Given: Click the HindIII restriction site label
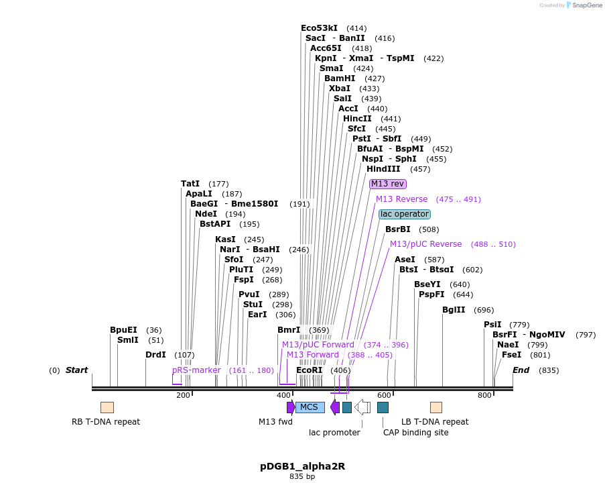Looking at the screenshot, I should pos(383,169).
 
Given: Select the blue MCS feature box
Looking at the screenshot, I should pos(310,407).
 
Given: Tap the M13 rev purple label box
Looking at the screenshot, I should pos(388,184).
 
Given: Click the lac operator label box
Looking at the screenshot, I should pos(404,214).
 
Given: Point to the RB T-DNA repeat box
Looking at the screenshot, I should pos(107,407).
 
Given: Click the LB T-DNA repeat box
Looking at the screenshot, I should pos(436,407).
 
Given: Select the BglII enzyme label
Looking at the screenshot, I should pos(454,310).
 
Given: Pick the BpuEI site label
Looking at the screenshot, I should pos(123,330).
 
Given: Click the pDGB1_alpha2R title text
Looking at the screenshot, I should pos(302,466).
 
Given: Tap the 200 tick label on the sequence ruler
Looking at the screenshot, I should pos(183,396).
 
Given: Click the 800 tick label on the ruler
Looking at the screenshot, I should pos(484,396).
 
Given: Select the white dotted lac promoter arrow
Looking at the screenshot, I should pos(362,407).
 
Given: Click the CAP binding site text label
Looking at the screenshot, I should pos(415,433).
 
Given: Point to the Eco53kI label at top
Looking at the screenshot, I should pos(319,28).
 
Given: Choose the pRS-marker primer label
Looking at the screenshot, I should pos(196,370).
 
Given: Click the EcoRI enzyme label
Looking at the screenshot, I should pos(309,370).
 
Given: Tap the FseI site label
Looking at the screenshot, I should pos(511,355).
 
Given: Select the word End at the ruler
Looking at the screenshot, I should pos(521,370).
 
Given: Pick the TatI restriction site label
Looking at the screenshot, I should pos(190,184).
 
